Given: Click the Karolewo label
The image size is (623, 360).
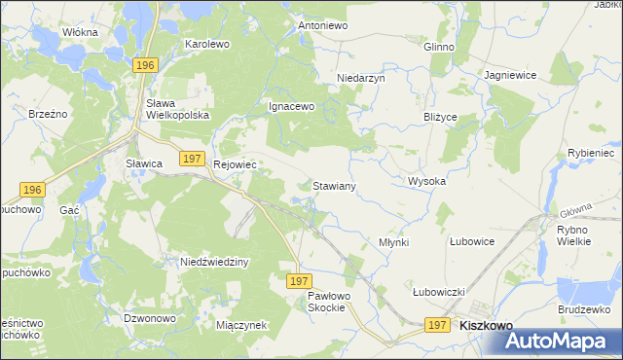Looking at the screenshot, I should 206,45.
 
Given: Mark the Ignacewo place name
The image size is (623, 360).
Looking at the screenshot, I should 292,107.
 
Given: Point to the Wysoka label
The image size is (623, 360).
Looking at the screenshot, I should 426,182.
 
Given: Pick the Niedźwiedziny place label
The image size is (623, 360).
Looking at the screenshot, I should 216,262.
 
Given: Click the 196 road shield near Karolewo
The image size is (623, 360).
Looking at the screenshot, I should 145,64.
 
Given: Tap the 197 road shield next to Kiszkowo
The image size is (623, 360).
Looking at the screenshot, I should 437,326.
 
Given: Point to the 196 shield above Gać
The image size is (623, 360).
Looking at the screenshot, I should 31,190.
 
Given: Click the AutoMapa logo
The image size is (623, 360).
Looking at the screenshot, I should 562,342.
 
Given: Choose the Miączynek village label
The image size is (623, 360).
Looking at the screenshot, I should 241,325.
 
